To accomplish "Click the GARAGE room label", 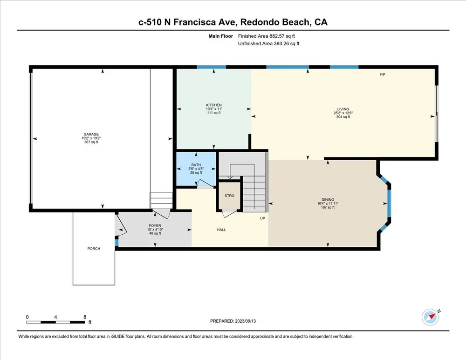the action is pyautogui.click(x=91, y=134).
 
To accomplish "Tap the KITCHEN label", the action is pyautogui.click(x=214, y=105).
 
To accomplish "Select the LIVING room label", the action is pyautogui.click(x=343, y=109).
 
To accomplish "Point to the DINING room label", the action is pyautogui.click(x=328, y=200).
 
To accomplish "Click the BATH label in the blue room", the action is pyautogui.click(x=196, y=165).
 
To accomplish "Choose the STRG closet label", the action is pyautogui.click(x=229, y=196).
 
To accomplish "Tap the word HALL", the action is pyautogui.click(x=221, y=230).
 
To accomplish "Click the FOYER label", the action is pyautogui.click(x=155, y=226).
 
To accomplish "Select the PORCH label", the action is pyautogui.click(x=94, y=249).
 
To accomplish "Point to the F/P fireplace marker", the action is pyautogui.click(x=382, y=75).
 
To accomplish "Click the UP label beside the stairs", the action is pyautogui.click(x=262, y=218).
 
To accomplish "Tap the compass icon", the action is pyautogui.click(x=430, y=317).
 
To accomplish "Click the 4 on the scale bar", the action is pyautogui.click(x=55, y=317).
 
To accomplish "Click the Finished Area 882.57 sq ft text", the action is pyautogui.click(x=266, y=36).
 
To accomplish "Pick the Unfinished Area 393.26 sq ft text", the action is pyautogui.click(x=269, y=43).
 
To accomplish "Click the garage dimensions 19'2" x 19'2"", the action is pyautogui.click(x=91, y=138).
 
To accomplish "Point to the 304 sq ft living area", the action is pyautogui.click(x=343, y=117).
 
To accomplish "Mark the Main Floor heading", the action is pyautogui.click(x=220, y=36).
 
